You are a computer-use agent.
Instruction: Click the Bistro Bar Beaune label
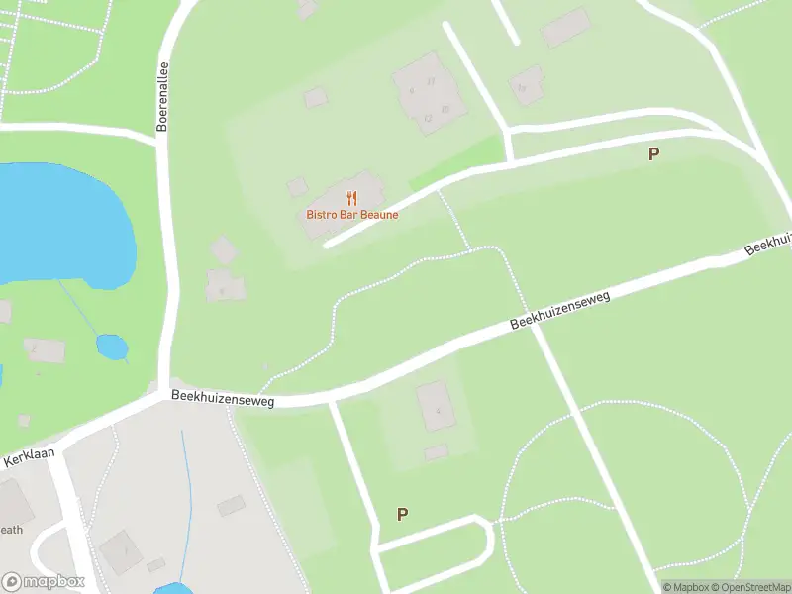(351, 215)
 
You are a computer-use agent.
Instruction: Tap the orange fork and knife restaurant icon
(351, 198)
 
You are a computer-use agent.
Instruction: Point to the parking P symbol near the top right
(653, 154)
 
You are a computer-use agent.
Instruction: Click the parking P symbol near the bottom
(402, 515)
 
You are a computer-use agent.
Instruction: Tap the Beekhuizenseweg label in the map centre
(560, 310)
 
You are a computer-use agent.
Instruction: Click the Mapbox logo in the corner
(43, 582)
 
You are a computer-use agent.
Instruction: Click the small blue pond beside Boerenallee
(112, 347)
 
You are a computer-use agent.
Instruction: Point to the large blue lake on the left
(59, 223)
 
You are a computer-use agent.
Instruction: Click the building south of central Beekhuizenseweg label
(436, 406)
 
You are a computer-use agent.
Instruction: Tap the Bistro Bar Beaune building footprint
(342, 203)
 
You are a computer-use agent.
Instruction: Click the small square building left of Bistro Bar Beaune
(297, 187)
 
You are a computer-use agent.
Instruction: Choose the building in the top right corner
(566, 27)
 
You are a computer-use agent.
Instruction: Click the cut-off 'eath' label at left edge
(11, 530)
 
